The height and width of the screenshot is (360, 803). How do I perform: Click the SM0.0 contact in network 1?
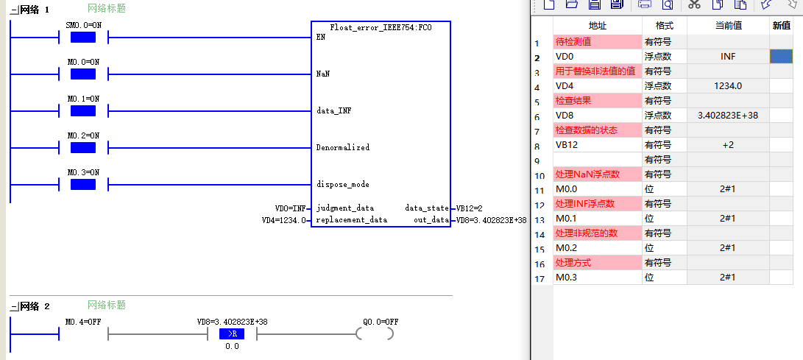click(x=83, y=38)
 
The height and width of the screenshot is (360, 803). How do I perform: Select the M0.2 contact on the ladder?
click(x=83, y=148)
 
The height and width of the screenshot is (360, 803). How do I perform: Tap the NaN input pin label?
click(x=323, y=74)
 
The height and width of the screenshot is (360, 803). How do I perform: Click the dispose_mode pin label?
click(x=342, y=184)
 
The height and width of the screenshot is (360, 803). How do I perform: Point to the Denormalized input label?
click(x=342, y=147)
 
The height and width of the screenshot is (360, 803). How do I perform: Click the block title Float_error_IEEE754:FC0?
click(x=381, y=28)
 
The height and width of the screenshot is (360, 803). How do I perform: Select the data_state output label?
click(x=425, y=208)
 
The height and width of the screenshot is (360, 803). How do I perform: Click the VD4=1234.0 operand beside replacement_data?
click(x=283, y=220)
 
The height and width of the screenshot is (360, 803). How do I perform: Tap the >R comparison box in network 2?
click(x=232, y=334)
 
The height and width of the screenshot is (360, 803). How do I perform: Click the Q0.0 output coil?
click(x=375, y=334)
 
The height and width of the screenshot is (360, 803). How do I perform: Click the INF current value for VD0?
click(x=728, y=57)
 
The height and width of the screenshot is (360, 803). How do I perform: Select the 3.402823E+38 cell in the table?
click(x=728, y=116)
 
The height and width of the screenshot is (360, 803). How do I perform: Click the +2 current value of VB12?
click(x=728, y=145)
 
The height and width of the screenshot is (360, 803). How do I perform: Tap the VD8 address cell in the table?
click(x=597, y=116)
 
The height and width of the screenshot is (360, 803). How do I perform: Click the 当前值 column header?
click(x=728, y=26)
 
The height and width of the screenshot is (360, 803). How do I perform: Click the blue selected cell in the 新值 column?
click(x=781, y=57)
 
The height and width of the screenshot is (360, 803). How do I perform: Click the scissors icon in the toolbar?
click(x=694, y=4)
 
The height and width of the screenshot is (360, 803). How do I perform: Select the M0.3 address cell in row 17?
click(x=597, y=278)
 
